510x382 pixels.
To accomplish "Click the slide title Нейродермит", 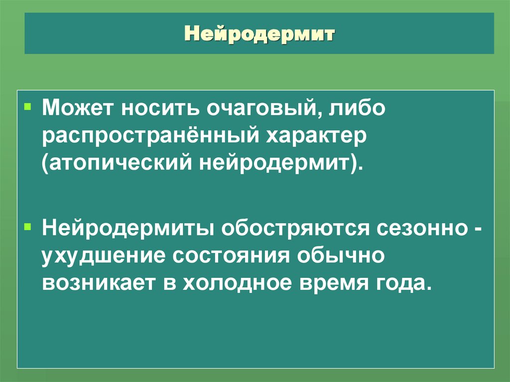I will pyautogui.click(x=259, y=35).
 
